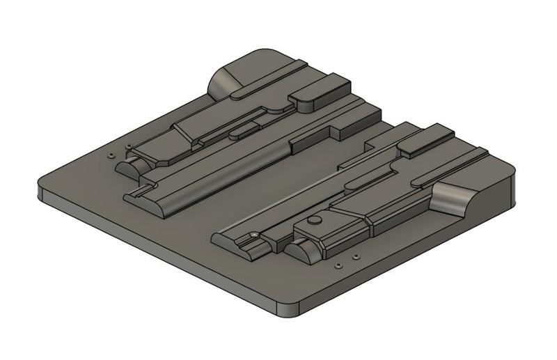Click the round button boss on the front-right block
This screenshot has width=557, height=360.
tap(315, 219)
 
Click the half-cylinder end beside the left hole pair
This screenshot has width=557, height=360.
tap(130, 168)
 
